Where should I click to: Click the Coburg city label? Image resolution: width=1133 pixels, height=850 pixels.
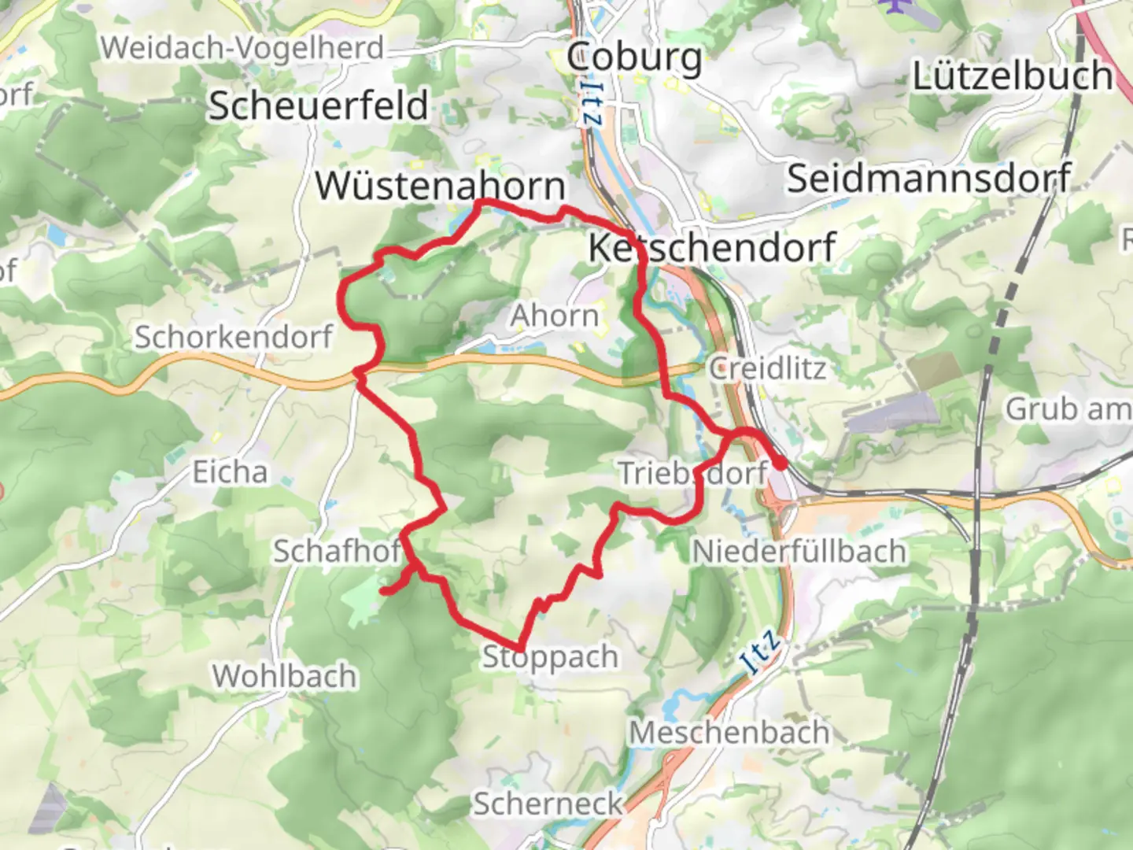pos(634,58)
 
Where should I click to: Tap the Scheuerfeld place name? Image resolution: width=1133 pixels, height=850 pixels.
pos(319,105)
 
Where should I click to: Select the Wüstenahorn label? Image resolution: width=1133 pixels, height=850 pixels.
pos(440,187)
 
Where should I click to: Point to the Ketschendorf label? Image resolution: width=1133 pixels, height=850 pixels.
pos(711,248)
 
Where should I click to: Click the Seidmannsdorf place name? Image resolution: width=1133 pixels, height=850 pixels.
pos(928,179)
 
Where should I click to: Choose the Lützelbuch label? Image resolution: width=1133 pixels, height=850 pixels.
pos(1012,76)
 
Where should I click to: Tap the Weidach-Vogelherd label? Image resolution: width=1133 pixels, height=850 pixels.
pos(242,49)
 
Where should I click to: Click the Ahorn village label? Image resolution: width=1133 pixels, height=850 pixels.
pos(555,316)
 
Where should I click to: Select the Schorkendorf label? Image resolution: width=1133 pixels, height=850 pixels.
pos(234,337)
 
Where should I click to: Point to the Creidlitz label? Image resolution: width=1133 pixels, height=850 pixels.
pos(767,368)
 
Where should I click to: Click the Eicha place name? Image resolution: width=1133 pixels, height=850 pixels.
pos(231,472)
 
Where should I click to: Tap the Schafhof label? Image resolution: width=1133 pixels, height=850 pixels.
pos(337,551)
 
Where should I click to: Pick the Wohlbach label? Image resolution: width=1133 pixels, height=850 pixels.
pos(284,676)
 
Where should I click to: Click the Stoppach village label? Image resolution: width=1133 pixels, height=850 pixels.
pos(550,656)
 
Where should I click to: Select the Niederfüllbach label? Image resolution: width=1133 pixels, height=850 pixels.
pos(799,551)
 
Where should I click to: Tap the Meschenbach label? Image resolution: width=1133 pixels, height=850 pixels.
pos(729,733)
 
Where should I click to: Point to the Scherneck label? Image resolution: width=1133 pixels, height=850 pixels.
pos(548,804)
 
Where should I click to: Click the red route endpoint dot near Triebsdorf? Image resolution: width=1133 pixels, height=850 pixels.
pos(779,464)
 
